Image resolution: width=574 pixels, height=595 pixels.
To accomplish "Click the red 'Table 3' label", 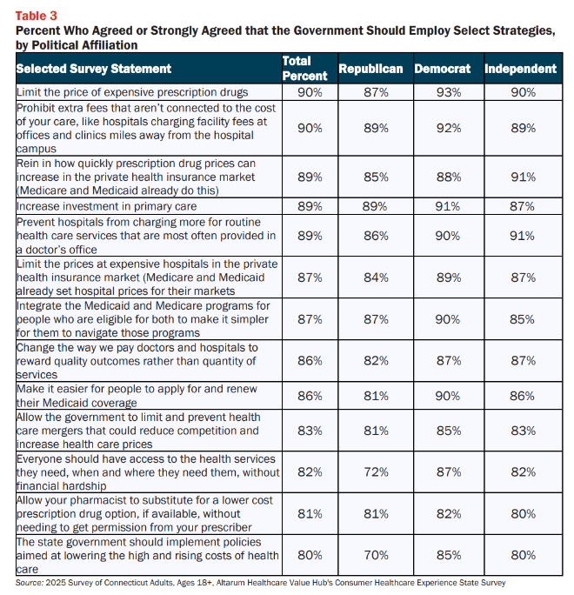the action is point(36,16).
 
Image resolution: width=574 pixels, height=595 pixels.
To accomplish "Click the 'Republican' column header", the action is point(370,69).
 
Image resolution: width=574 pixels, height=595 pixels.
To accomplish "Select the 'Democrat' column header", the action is point(443,69).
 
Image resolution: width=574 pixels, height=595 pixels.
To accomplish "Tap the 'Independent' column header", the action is point(520,69).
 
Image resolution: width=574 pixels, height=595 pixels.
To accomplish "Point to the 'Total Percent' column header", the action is point(304,69).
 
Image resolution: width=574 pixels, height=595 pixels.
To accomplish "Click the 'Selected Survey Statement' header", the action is point(94,69).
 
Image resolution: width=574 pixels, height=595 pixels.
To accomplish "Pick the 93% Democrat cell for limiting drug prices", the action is point(449,92).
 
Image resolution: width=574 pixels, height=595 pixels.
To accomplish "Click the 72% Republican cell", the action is point(376,471).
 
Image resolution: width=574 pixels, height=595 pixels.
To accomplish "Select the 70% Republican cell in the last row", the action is point(376,555).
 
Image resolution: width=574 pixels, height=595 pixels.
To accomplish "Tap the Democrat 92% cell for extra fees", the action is point(449,128).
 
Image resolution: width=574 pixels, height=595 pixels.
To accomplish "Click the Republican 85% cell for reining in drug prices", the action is point(376,177).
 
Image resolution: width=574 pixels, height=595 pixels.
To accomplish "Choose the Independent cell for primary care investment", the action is point(522,206).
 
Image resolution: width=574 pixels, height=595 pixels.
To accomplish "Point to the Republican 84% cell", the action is point(376,277).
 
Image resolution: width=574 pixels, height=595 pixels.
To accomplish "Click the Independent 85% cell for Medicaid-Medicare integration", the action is point(522,319).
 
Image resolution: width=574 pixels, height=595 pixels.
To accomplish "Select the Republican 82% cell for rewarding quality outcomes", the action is point(376,360).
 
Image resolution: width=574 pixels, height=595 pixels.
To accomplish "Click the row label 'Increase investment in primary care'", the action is point(107,206).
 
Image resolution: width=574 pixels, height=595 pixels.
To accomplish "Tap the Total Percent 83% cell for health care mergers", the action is point(310,431).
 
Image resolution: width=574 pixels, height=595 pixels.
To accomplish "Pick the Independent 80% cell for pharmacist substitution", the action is point(524,513).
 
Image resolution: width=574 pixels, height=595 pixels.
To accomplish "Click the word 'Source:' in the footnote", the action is point(30,583).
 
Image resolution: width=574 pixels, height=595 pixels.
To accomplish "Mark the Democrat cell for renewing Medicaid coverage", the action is point(448,396).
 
